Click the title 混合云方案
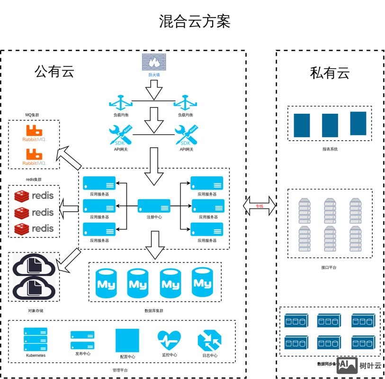pyautogui.click(x=195, y=21)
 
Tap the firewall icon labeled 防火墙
pyautogui.click(x=154, y=63)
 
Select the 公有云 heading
pyautogui.click(x=54, y=72)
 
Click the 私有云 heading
pyautogui.click(x=330, y=73)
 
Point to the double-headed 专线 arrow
pyautogui.click(x=259, y=206)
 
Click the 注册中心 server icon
pyautogui.click(x=154, y=206)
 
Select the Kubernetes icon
pyautogui.click(x=36, y=340)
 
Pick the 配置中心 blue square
pyautogui.click(x=127, y=340)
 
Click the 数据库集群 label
pyautogui.click(x=154, y=311)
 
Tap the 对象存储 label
pyautogui.click(x=36, y=311)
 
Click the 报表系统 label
pyautogui.click(x=330, y=149)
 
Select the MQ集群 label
pyautogui.click(x=33, y=115)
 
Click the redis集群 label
pyautogui.click(x=33, y=180)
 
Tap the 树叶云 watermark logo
pyautogui.click(x=360, y=365)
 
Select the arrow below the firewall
pyautogui.click(x=154, y=90)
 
